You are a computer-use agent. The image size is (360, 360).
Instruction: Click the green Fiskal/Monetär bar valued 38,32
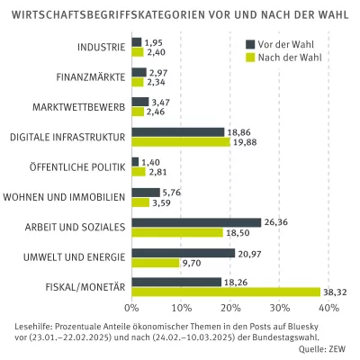226,292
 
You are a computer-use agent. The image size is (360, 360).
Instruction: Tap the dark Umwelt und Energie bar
183,253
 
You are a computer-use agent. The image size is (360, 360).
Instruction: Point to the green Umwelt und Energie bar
155,263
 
